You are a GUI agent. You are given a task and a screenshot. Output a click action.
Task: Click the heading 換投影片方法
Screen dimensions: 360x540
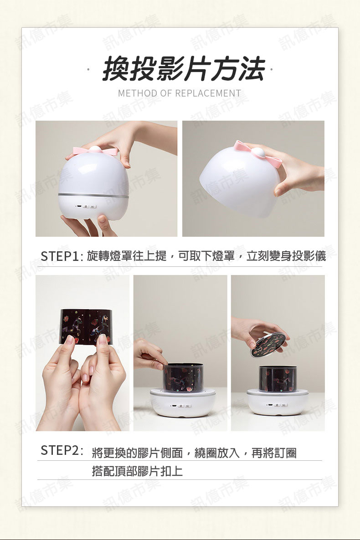[184, 69]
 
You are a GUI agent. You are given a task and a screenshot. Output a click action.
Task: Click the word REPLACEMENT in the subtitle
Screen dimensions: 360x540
[208, 93]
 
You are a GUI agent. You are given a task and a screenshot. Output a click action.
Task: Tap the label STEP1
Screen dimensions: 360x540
[60, 256]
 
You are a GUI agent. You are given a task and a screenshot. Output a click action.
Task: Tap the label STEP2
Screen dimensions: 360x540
[60, 450]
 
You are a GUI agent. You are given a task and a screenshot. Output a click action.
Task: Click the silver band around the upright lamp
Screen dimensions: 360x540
[93, 196]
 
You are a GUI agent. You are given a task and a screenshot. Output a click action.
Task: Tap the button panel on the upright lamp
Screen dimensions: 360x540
[87, 207]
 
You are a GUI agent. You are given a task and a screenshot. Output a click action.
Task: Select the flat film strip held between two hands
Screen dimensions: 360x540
[86, 326]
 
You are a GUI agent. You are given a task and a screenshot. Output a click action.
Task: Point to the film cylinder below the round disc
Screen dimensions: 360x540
[278, 379]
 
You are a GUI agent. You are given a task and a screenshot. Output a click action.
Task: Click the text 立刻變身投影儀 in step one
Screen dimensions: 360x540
[286, 256]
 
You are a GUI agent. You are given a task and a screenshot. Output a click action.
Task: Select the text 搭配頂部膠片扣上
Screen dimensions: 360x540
[137, 471]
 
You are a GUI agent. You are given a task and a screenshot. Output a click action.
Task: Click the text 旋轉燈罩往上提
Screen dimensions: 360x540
[127, 256]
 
